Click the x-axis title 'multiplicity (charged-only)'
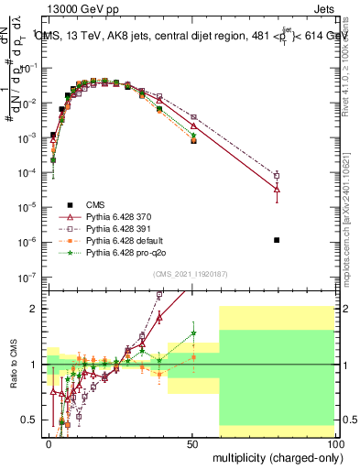coord(275,455)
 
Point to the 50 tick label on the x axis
coord(191,442)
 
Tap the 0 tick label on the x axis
coord(49,442)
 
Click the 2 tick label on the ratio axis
coord(35,309)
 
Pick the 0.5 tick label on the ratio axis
coord(30,420)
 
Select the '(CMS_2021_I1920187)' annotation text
coord(191,274)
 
